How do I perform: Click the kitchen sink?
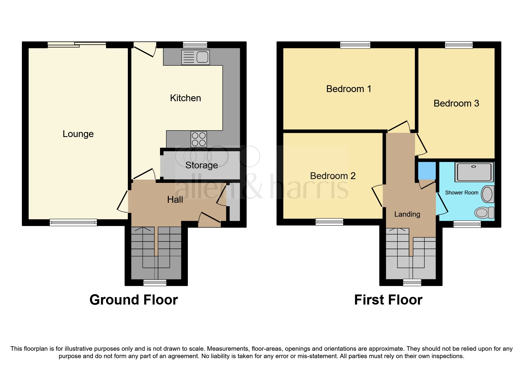tap(195, 57)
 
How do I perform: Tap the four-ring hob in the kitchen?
tap(198, 139)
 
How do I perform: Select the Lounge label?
tap(78, 134)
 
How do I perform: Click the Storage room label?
tap(201, 165)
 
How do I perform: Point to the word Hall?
tap(175, 199)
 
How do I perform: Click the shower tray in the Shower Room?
tap(474, 172)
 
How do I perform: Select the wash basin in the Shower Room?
tap(488, 194)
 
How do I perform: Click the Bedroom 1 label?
tap(348, 89)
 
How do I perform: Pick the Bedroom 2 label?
tap(333, 176)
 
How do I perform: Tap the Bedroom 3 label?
tap(456, 103)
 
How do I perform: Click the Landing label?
tap(407, 214)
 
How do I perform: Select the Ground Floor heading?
tap(133, 300)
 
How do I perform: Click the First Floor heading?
tap(388, 300)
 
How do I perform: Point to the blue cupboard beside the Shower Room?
tap(427, 170)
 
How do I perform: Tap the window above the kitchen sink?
tap(195, 45)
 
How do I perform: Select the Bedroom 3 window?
tap(459, 45)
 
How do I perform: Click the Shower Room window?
tap(467, 224)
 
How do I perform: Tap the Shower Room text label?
tap(461, 193)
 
